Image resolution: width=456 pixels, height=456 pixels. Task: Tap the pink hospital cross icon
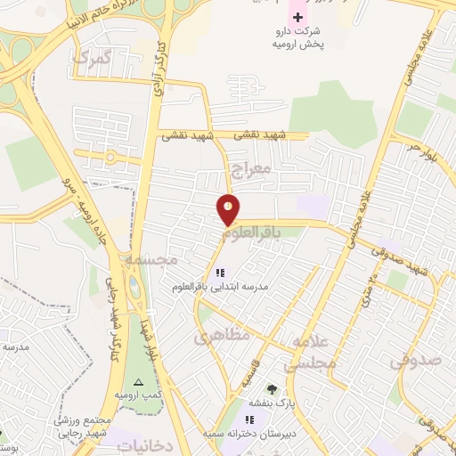[297, 17]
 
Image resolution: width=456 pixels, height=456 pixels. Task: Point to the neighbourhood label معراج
[248, 168]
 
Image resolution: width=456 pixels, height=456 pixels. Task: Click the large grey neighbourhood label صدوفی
[415, 361]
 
